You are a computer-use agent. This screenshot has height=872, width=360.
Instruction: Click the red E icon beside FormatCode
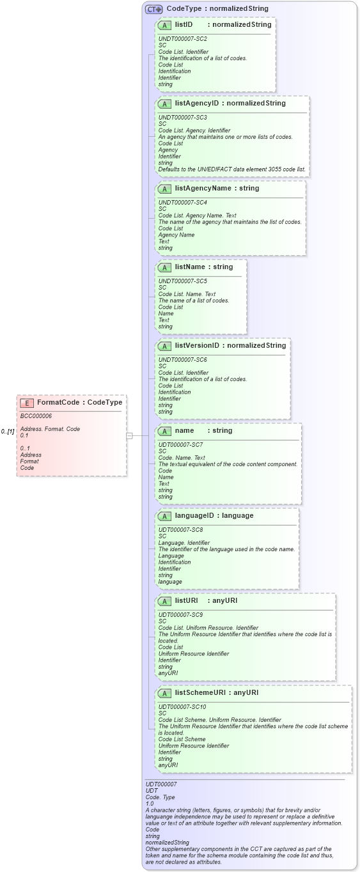pyautogui.click(x=27, y=403)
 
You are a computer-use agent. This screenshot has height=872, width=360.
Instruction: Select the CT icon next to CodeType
pyautogui.click(x=153, y=9)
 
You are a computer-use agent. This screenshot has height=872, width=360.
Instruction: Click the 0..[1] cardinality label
pyautogui.click(x=8, y=432)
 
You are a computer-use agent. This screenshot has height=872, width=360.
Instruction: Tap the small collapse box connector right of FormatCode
pyautogui.click(x=129, y=435)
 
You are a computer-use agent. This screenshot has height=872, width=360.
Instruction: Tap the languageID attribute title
pyautogui.click(x=196, y=515)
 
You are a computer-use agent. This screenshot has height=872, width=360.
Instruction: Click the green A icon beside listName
pyautogui.click(x=164, y=267)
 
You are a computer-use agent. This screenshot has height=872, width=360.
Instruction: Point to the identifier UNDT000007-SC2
pyautogui.click(x=182, y=39)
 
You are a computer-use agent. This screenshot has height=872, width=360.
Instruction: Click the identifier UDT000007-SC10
pyautogui.click(x=182, y=706)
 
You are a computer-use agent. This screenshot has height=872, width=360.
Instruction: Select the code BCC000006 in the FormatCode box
pyautogui.click(x=36, y=416)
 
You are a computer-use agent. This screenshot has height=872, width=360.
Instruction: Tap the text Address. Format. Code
pyautogui.click(x=50, y=429)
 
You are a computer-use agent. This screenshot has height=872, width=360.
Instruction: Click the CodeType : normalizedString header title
pyautogui.click(x=217, y=9)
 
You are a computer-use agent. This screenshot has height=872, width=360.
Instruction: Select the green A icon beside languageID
pyautogui.click(x=164, y=516)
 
